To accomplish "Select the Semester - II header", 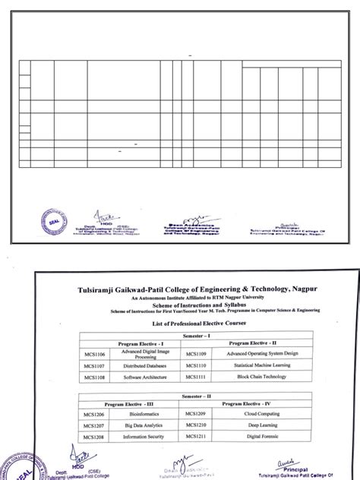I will coord(199,396).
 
